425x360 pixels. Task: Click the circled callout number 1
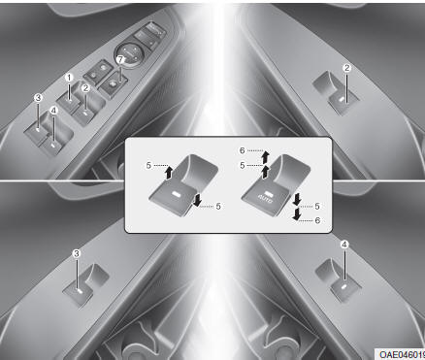69,78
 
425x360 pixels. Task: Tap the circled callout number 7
120,59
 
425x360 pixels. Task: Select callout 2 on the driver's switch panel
85,88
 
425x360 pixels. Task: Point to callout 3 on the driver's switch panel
39,98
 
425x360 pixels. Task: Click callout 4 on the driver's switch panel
53,111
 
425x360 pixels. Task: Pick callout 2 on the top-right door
346,68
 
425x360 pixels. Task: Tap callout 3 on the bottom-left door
77,253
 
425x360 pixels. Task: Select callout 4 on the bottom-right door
344,245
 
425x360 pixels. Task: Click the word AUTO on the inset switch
266,200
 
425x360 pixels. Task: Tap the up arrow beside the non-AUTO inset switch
169,173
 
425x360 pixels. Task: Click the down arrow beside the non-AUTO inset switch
196,200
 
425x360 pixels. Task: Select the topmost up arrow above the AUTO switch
265,156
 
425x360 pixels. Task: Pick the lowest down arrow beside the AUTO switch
296,214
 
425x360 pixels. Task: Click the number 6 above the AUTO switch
243,150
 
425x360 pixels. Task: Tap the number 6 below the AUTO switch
317,220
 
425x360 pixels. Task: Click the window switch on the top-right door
336,93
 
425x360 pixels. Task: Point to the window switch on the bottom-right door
339,280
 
